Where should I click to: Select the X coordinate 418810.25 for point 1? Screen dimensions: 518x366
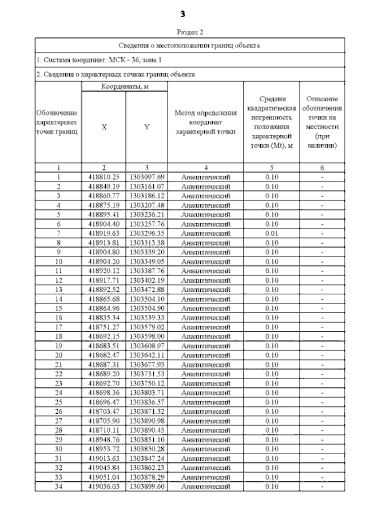pos(104,177)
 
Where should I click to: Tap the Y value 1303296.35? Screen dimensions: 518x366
pos(147,233)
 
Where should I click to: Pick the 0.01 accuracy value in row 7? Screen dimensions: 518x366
pos(272,233)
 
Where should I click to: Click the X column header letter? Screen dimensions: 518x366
pos(104,127)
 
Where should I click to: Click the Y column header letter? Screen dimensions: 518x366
pos(147,127)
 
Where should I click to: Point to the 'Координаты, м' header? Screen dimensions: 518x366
pos(125,86)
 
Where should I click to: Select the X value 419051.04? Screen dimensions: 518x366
pos(104,477)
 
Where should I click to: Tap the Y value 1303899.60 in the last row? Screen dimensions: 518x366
pos(147,487)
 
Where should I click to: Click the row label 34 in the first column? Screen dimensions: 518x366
pos(58,487)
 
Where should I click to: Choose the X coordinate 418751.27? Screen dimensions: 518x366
pos(104,327)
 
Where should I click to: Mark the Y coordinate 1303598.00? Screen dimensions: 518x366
pos(147,336)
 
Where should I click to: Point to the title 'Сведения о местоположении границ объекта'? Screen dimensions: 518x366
pos(189,45)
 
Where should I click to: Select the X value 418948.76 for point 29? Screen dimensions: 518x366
pos(104,440)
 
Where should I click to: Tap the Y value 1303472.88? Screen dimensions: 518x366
pos(147,289)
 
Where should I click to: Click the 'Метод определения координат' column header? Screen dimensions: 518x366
pos(205,122)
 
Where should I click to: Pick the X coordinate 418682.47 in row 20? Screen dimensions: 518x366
pos(104,355)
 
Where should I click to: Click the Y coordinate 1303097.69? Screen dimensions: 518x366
pos(147,177)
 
